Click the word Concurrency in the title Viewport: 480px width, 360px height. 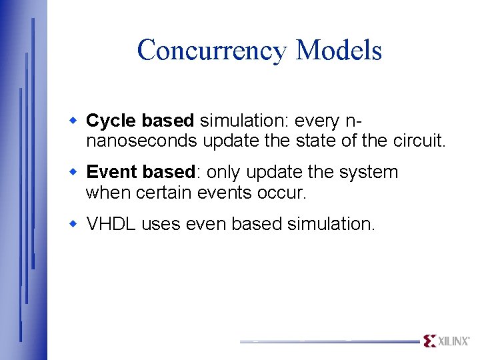211,51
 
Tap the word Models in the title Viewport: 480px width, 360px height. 339,51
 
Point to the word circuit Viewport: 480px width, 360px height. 421,141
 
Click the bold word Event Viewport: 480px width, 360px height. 111,172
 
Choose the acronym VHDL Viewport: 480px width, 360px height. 111,224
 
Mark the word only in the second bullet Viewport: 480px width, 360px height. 225,172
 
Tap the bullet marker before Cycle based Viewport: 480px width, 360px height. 75,121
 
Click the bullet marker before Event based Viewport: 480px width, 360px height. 75,172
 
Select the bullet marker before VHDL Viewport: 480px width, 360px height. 75,224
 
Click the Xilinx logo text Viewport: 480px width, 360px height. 454,341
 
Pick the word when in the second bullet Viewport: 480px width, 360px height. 109,193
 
